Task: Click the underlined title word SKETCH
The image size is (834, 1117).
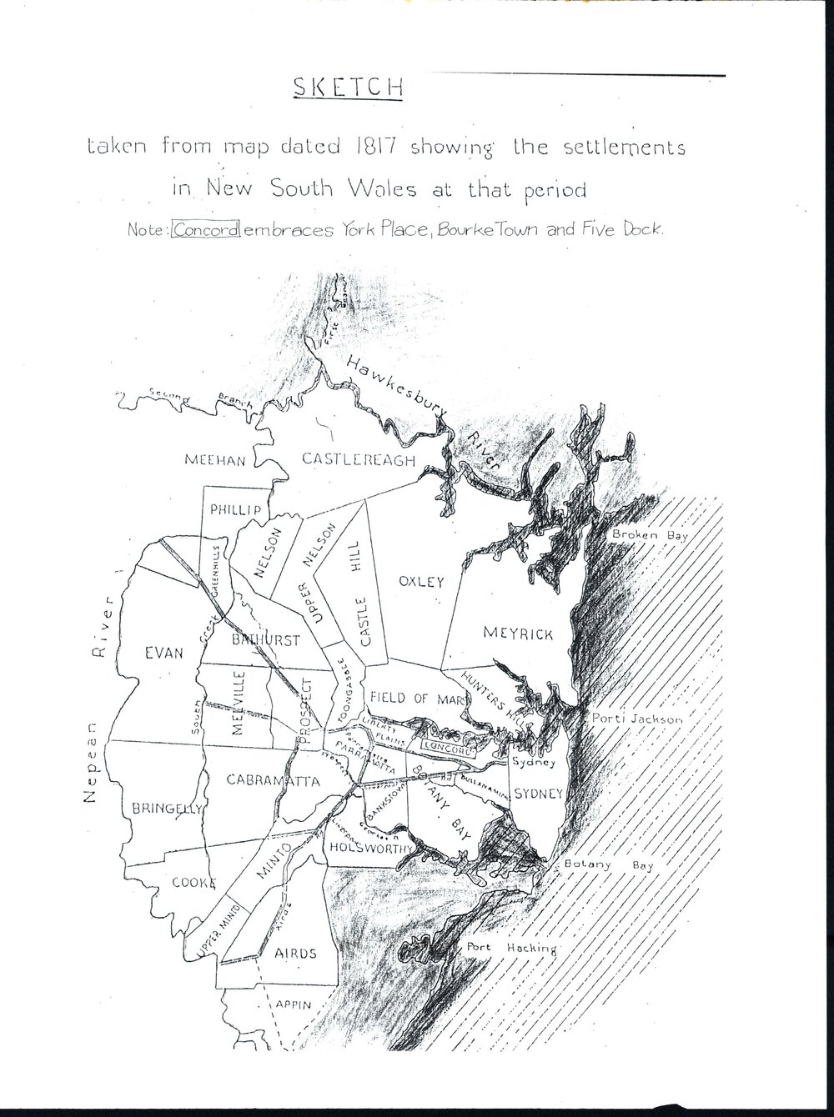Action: (348, 89)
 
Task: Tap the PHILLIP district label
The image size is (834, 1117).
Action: (236, 509)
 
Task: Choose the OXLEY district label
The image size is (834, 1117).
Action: (421, 581)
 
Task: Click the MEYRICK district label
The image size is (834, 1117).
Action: (518, 634)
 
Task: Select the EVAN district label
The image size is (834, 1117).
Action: (163, 653)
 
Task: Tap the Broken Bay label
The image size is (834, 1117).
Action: (649, 535)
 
